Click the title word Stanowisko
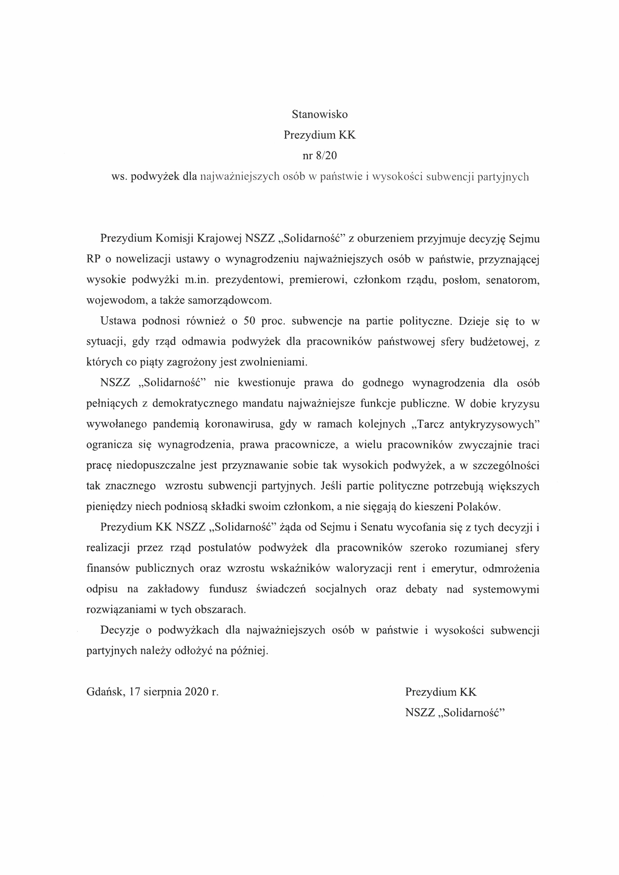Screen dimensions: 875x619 320,114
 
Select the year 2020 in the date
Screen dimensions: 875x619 196,692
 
